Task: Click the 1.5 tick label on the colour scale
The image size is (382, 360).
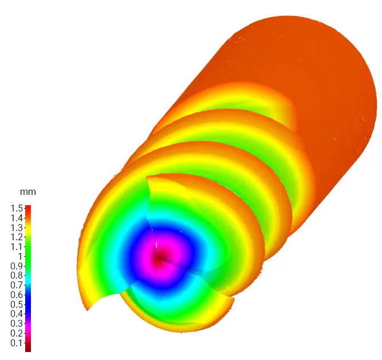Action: pos(16,208)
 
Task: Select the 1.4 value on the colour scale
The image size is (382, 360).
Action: pos(16,217)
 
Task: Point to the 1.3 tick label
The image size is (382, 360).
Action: pos(16,227)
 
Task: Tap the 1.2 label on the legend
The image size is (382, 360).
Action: pos(16,237)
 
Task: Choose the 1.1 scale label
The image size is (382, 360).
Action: pos(16,246)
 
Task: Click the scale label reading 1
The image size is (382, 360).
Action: pos(19,256)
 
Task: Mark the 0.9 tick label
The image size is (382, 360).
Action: pos(16,266)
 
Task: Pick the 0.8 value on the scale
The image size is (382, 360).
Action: pos(16,276)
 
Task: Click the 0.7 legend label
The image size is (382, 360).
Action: pos(16,285)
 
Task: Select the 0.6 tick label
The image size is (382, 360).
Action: pos(16,295)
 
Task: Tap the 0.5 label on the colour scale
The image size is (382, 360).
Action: pos(16,304)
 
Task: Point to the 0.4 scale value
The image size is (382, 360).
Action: pos(16,314)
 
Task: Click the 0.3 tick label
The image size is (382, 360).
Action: pos(16,324)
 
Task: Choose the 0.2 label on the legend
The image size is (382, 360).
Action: pos(16,334)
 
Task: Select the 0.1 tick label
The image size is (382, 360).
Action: pos(16,343)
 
